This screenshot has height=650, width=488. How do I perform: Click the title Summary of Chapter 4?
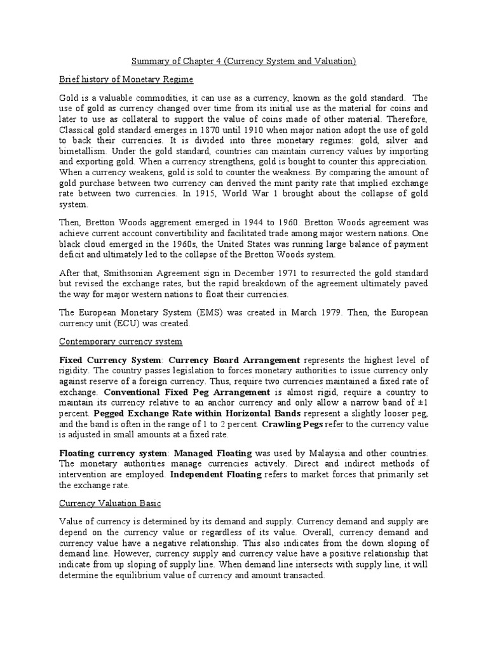243,61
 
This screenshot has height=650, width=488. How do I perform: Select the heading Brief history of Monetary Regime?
126,79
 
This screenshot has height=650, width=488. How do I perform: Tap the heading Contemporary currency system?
120,342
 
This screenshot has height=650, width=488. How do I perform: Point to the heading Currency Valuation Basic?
110,503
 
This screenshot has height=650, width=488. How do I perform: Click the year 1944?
233,223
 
